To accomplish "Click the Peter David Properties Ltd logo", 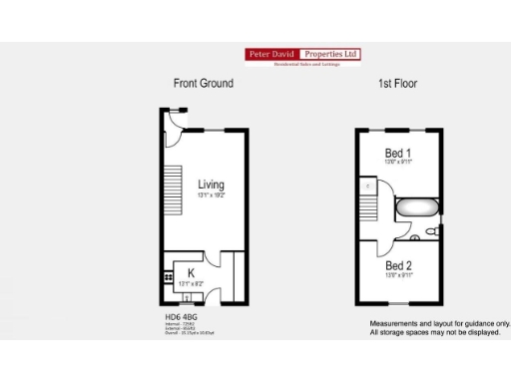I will [302, 57].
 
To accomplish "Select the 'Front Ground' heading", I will [203, 84].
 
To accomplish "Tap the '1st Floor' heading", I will [397, 84].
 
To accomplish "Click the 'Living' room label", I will [211, 185].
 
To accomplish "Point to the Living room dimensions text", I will [211, 196].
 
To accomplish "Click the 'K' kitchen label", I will [190, 271].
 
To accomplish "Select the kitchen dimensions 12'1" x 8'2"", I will [190, 283].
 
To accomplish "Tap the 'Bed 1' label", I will [398, 153].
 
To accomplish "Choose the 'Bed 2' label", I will [398, 266].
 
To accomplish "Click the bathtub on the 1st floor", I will [417, 209].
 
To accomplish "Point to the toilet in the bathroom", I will [431, 231].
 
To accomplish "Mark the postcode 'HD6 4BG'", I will [181, 317].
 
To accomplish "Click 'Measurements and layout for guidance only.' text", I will [439, 324].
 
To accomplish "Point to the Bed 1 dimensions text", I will [398, 162].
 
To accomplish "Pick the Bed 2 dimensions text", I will [398, 276].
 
